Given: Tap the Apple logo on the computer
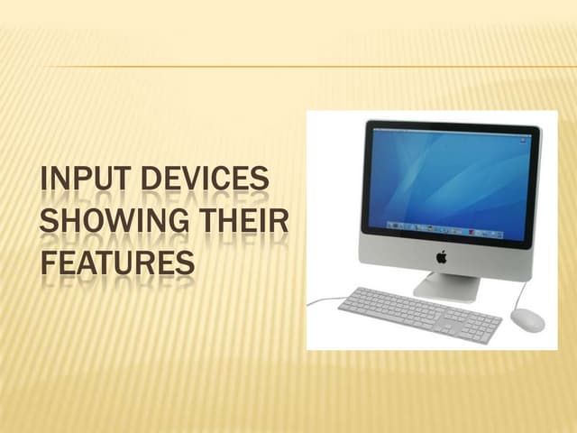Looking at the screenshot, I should coord(442,257).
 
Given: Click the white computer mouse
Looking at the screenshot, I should coord(527,319).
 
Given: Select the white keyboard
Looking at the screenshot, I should coord(419,313).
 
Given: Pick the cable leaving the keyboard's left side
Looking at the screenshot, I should coord(322,300).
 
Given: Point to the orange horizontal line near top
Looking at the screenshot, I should coord(307,66).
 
